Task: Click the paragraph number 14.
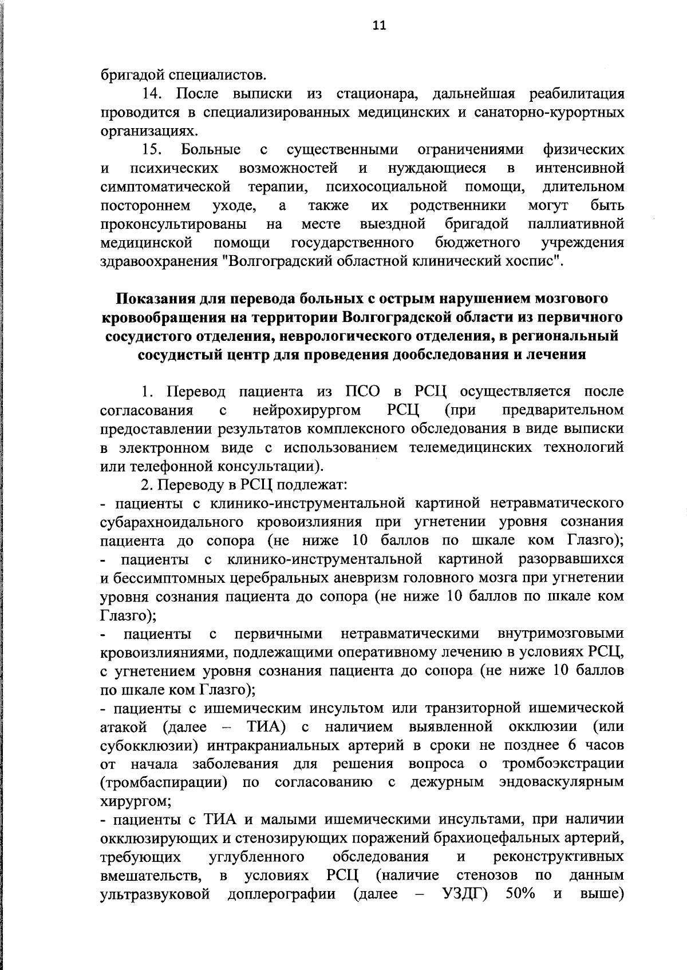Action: coord(153,94)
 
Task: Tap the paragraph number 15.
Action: coord(153,150)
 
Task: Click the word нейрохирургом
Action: coord(306,411)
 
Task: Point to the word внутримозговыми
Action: coord(560,634)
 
